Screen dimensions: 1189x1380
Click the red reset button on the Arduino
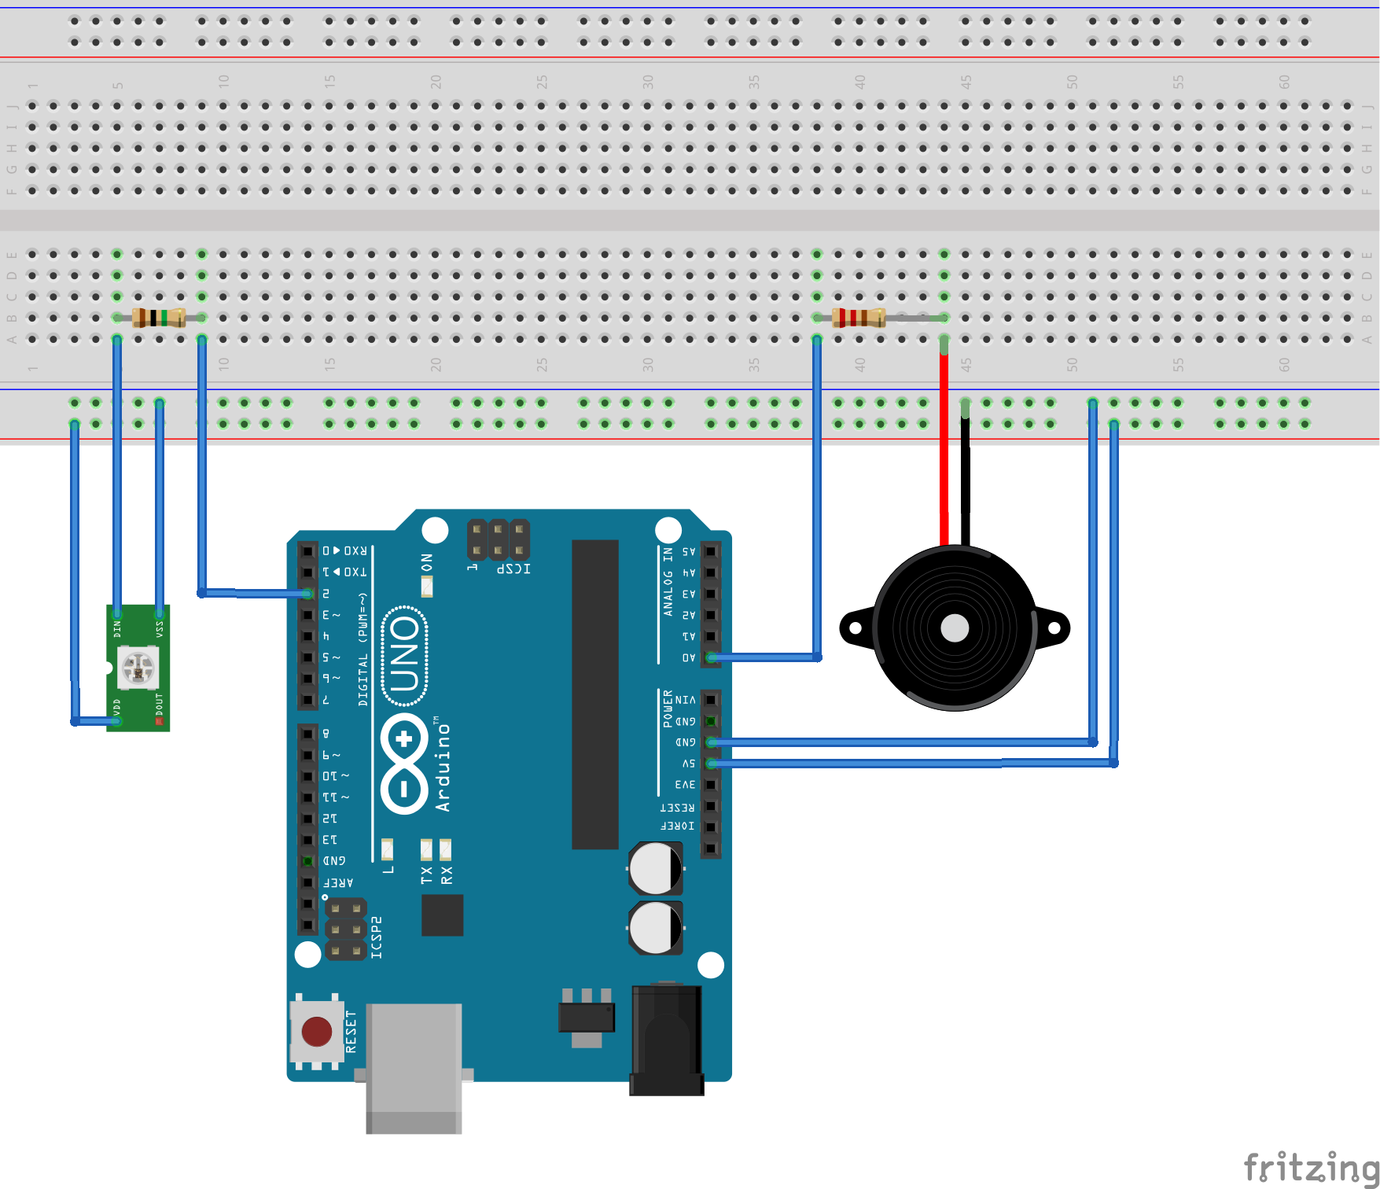317,1031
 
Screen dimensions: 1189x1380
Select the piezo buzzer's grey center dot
955,628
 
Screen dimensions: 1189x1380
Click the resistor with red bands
859,318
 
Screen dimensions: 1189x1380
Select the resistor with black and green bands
159,318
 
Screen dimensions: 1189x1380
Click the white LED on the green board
138,667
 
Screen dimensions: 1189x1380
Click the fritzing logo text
1309,1166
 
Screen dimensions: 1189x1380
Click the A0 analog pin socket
711,657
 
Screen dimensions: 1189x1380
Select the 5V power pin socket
711,764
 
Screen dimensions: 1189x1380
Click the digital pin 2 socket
307,594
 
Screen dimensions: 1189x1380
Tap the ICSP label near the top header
513,568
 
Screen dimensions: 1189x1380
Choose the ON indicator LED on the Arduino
427,586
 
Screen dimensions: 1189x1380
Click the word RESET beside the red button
351,1032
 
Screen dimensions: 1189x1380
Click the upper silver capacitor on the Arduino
655,868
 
